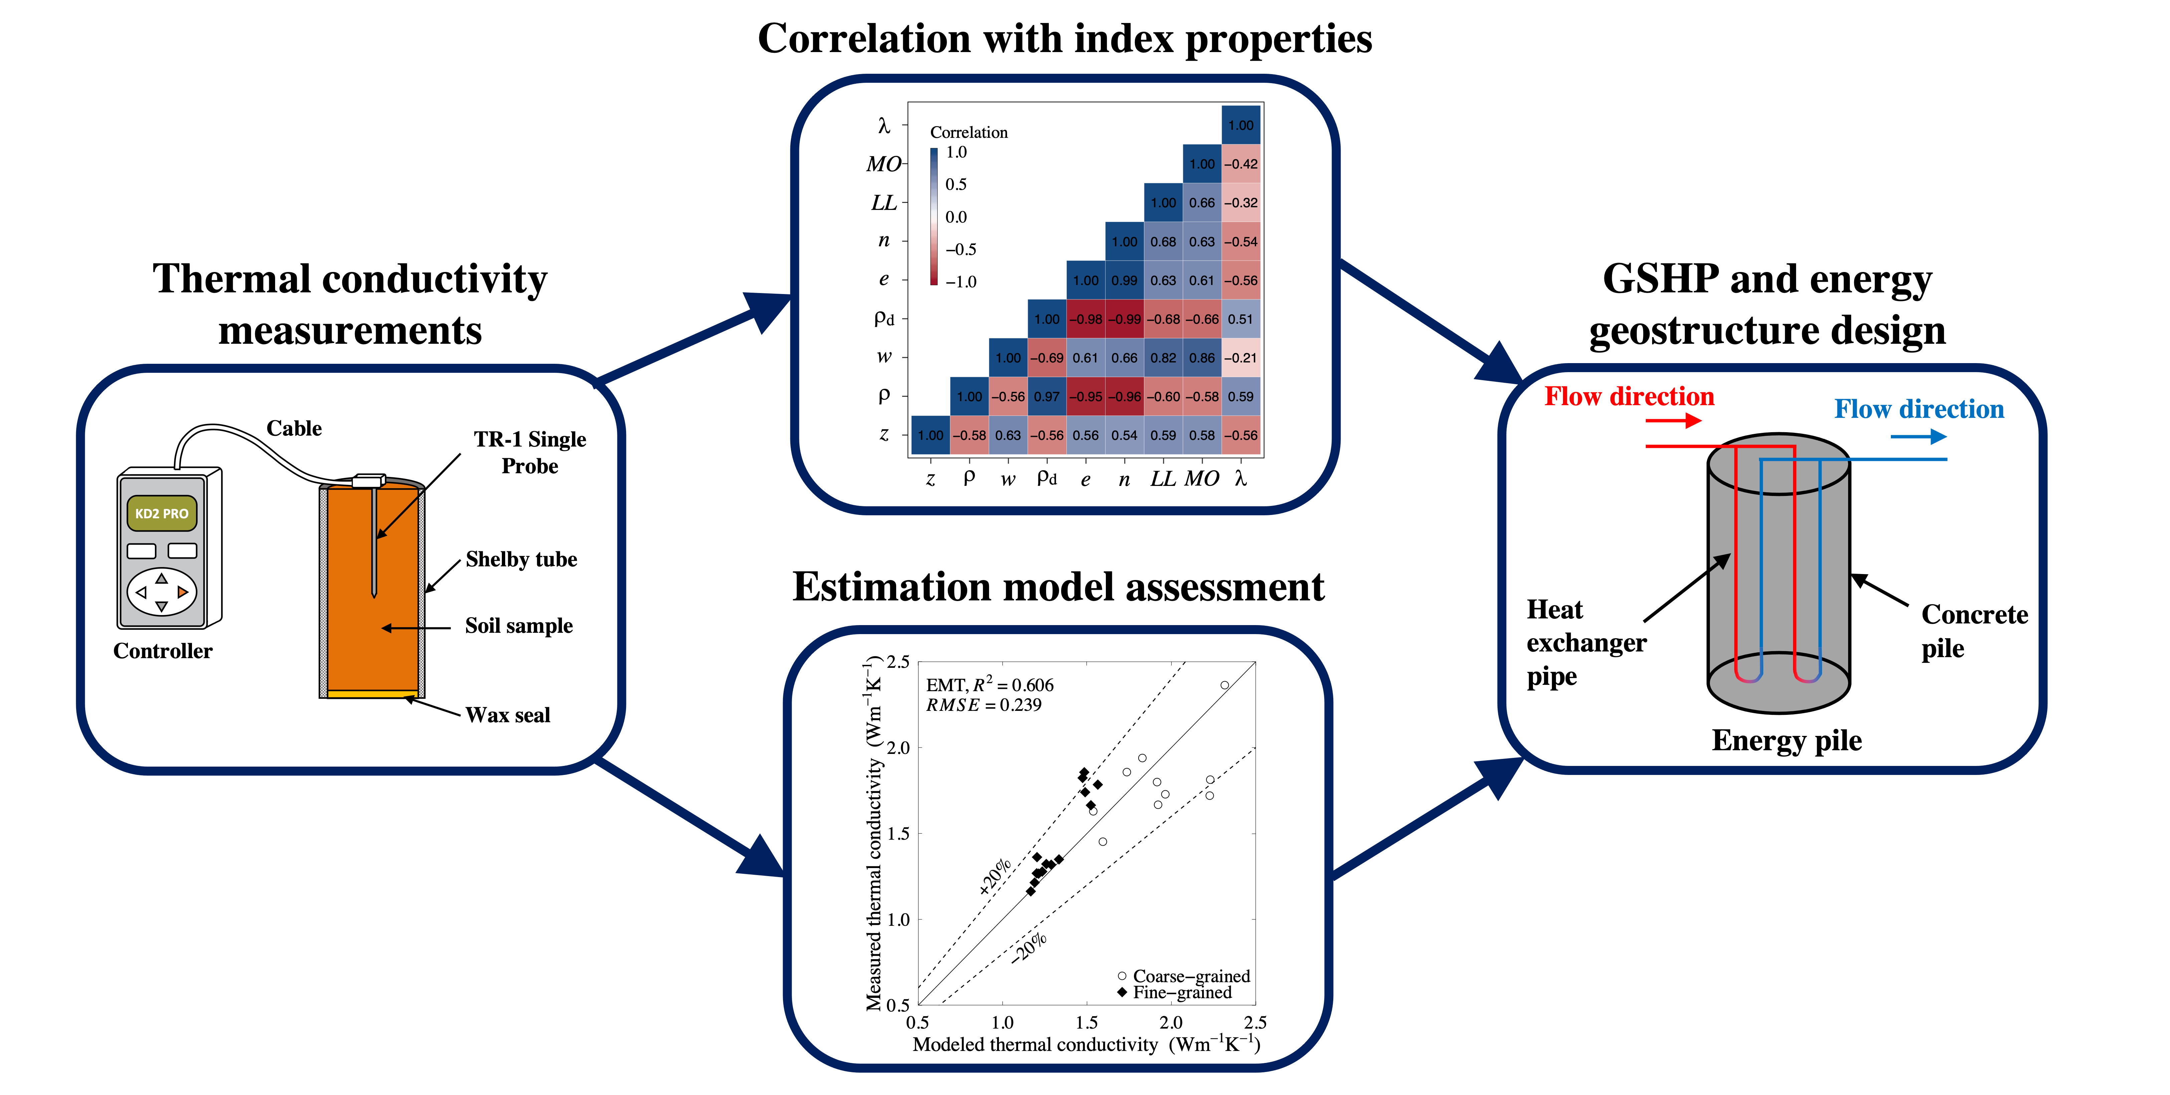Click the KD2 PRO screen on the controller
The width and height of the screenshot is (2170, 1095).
click(162, 513)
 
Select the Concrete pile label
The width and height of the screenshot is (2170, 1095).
click(1974, 631)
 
